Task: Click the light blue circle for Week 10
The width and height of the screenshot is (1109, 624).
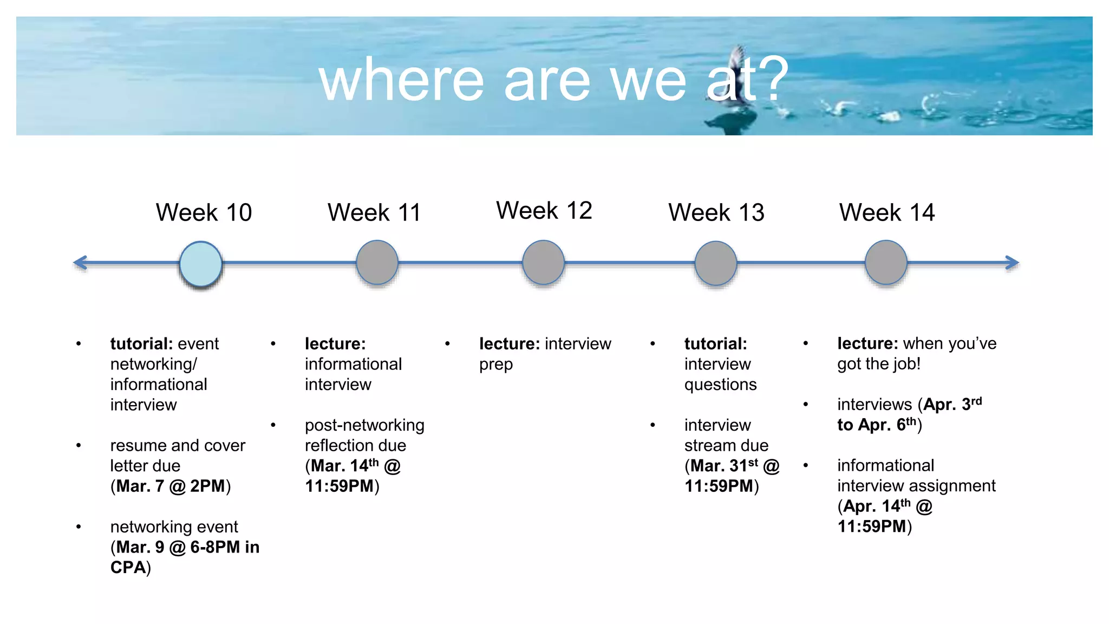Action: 201,264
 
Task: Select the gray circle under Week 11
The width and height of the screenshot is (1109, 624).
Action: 377,263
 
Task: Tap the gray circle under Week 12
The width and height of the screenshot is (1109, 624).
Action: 543,263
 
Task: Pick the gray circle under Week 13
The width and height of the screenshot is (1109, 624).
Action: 715,263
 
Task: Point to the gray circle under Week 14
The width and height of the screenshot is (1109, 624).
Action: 886,263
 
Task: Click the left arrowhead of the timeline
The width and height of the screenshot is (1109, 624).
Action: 81,263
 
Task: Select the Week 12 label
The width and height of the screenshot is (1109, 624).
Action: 544,210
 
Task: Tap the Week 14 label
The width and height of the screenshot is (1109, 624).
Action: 886,212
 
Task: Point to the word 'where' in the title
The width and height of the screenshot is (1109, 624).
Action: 401,81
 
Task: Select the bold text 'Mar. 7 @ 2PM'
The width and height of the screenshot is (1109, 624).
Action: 170,486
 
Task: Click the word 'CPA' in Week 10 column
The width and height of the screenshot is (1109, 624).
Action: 128,567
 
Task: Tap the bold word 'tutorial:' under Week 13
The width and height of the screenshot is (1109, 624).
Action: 715,343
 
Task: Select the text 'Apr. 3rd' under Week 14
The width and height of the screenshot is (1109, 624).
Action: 952,404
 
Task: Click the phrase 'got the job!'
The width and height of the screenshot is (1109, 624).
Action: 878,364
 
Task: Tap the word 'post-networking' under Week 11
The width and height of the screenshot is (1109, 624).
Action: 364,425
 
